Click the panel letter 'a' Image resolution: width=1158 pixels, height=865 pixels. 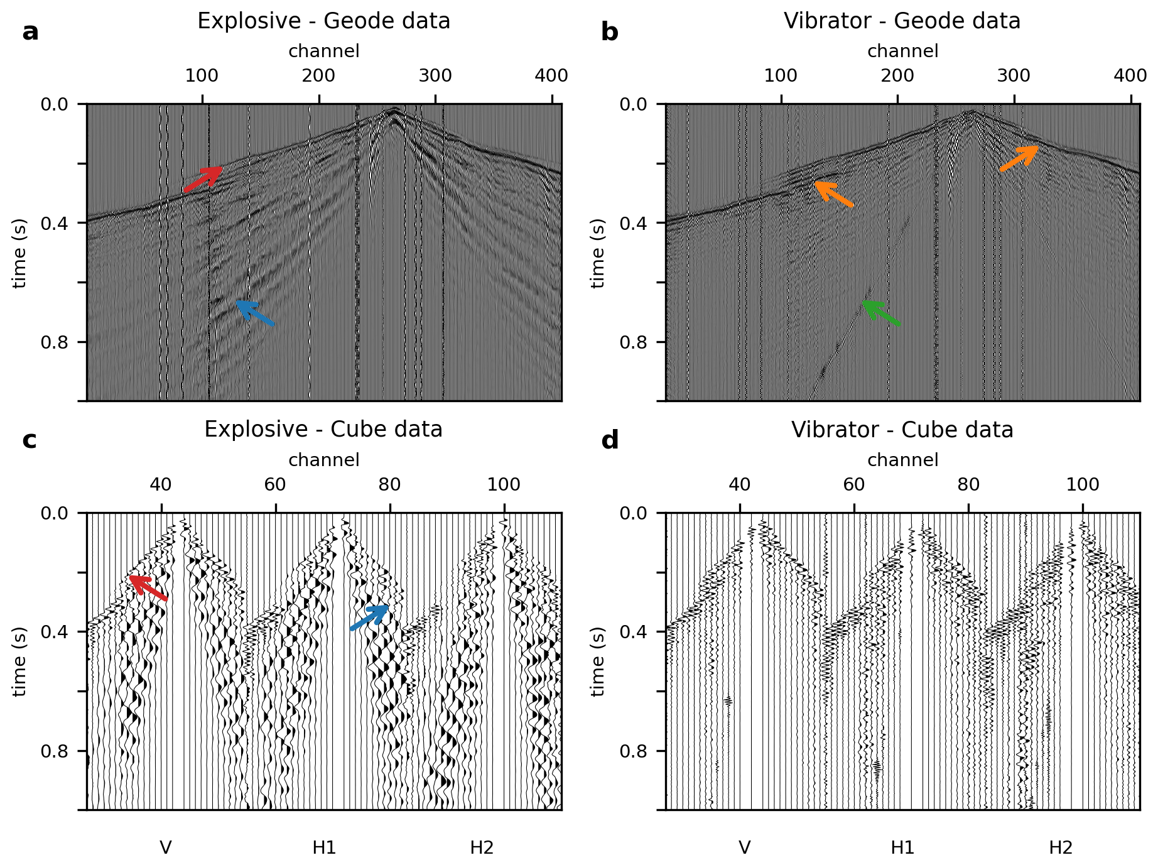30,32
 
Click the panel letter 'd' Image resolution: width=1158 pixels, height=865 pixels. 610,441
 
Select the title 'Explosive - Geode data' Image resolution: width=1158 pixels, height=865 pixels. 323,21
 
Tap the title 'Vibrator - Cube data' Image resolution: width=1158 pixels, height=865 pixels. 902,430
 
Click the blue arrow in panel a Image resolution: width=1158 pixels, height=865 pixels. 255,313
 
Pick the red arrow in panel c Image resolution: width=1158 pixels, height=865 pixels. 148,588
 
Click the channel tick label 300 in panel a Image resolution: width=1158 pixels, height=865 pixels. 435,76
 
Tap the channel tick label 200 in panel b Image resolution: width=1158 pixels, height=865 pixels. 897,76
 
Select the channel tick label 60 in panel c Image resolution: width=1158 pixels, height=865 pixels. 275,485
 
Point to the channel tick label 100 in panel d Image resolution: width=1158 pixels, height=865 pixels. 1083,485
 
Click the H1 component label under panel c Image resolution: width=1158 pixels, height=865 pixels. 324,848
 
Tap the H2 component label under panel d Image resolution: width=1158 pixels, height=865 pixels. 1061,848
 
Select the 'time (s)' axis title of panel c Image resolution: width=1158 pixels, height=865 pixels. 19,661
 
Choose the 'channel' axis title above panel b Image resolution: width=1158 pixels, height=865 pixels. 902,52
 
